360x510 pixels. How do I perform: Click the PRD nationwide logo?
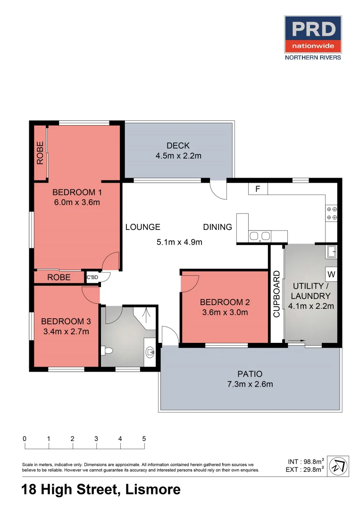coord(312,37)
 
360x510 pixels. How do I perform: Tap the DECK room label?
coord(178,145)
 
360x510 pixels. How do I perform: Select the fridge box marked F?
coord(258,189)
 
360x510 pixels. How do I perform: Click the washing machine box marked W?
coord(331,273)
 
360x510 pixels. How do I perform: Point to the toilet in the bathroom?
coord(107,351)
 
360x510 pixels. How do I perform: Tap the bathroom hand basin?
coord(150,351)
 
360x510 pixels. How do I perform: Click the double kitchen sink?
coord(259,236)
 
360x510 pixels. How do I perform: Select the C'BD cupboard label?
coord(92,277)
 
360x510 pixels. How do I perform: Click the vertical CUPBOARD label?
coord(276,293)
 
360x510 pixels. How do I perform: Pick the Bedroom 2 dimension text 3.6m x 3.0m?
coord(225,312)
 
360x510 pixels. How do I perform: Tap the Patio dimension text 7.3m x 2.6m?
coord(250,384)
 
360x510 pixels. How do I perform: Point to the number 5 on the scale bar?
coord(144,439)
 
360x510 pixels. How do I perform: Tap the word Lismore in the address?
coord(153,490)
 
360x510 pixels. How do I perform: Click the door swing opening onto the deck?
coord(219,190)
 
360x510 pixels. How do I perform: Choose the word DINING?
coord(218,227)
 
